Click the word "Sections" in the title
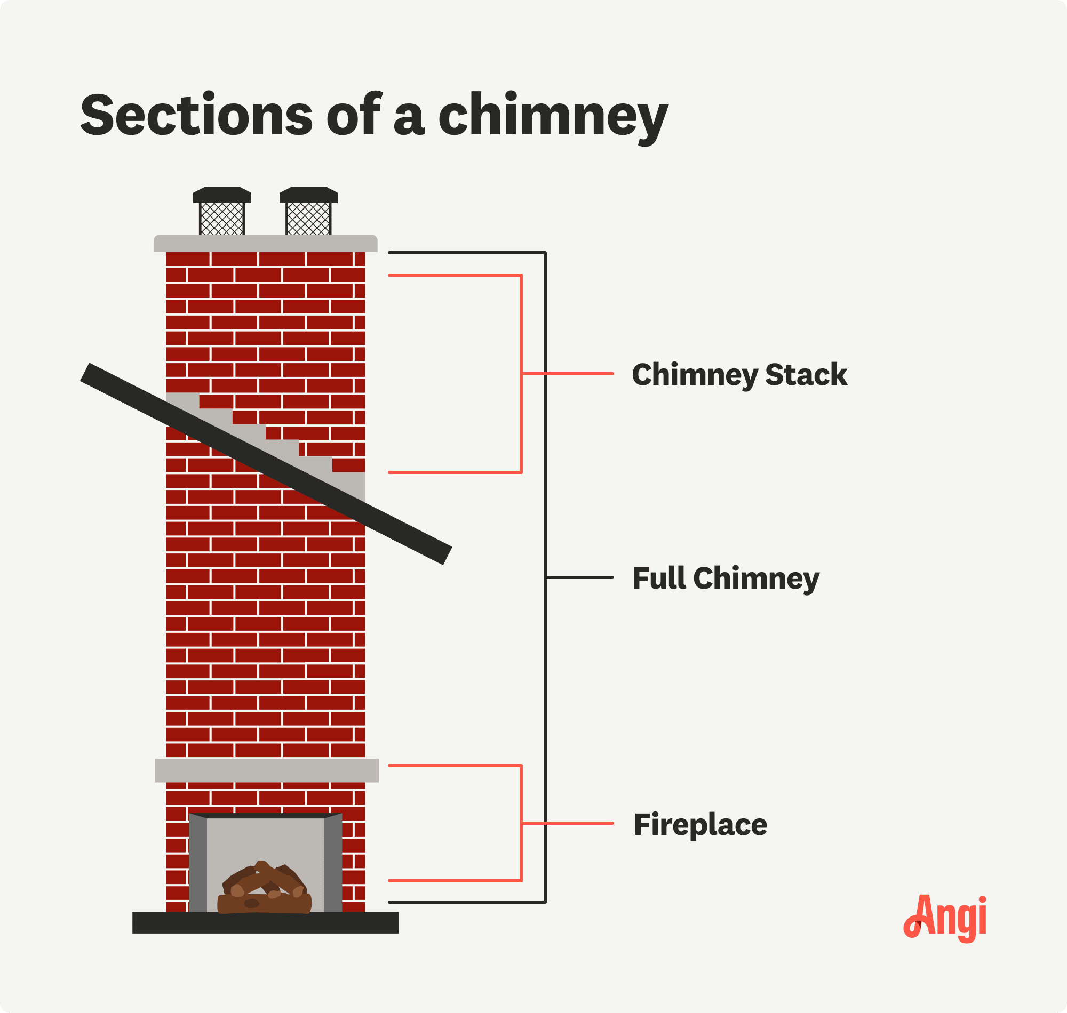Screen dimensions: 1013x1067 tap(196, 115)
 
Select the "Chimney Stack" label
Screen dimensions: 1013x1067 tap(739, 375)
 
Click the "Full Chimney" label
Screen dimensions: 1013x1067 tap(726, 578)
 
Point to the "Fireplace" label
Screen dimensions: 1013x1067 tap(699, 825)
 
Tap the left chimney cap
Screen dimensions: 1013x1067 tap(222, 211)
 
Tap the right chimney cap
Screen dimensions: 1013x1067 tap(308, 211)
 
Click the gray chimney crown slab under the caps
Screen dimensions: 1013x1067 tap(265, 244)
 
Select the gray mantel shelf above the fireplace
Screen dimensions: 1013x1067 tap(266, 770)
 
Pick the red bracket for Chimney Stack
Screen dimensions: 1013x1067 tap(521, 374)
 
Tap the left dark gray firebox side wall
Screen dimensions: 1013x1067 tap(198, 864)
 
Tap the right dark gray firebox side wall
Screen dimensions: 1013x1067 tap(333, 864)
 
